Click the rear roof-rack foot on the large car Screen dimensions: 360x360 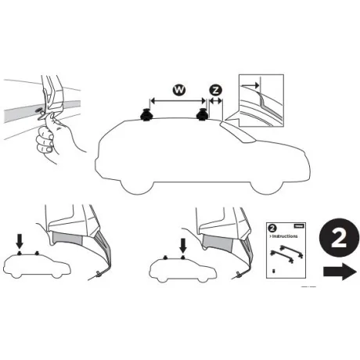tap(149, 117)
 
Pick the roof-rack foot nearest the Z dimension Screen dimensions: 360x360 tap(203, 117)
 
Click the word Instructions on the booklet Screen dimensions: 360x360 tap(285, 235)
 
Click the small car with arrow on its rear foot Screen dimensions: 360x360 tap(35, 266)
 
